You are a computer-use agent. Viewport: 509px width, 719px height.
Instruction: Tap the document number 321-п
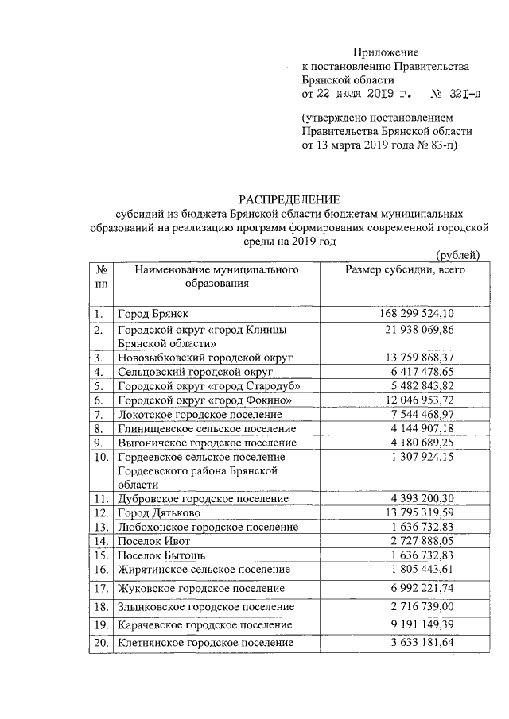456,95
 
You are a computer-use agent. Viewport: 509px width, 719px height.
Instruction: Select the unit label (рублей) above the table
459,255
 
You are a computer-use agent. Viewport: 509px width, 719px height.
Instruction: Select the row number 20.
101,642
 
